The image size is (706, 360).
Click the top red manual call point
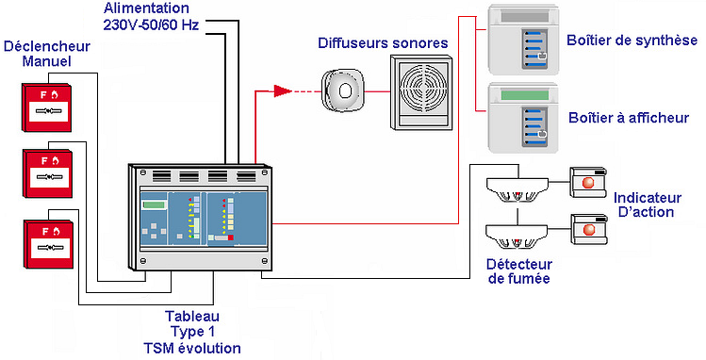[x=47, y=107]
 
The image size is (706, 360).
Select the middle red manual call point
[x=47, y=173]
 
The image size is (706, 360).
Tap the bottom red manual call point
[x=48, y=244]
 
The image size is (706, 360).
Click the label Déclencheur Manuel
[x=47, y=53]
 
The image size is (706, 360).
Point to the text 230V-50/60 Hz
[x=151, y=25]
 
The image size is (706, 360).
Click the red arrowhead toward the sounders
[x=283, y=91]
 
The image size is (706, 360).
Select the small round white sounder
[x=342, y=90]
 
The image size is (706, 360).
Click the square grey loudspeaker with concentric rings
[x=420, y=92]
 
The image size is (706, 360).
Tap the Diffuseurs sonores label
[x=383, y=43]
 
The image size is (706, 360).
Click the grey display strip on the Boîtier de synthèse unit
[x=524, y=18]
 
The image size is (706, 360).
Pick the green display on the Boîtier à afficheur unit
[x=524, y=95]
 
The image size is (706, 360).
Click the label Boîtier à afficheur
[x=629, y=118]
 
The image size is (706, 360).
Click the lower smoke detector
[x=517, y=237]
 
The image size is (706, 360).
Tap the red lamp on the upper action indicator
[x=588, y=183]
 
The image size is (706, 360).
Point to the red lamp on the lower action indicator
[x=588, y=230]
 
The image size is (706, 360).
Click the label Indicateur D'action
[x=647, y=205]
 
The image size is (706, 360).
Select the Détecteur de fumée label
[x=518, y=270]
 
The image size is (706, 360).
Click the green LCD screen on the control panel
[x=154, y=205]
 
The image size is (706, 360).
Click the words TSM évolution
[x=191, y=348]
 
